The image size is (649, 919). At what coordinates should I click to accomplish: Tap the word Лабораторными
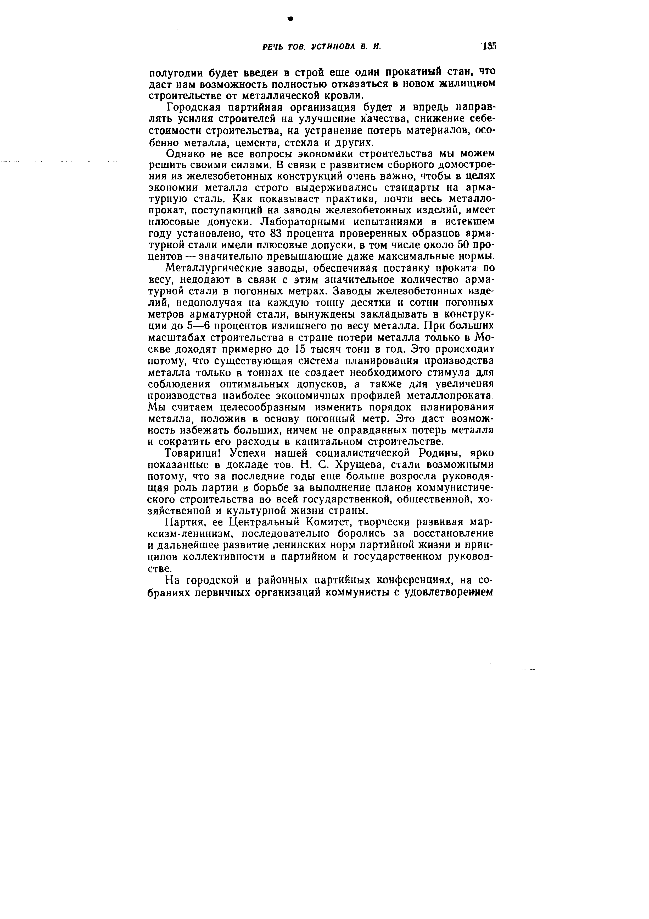click(301, 222)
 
